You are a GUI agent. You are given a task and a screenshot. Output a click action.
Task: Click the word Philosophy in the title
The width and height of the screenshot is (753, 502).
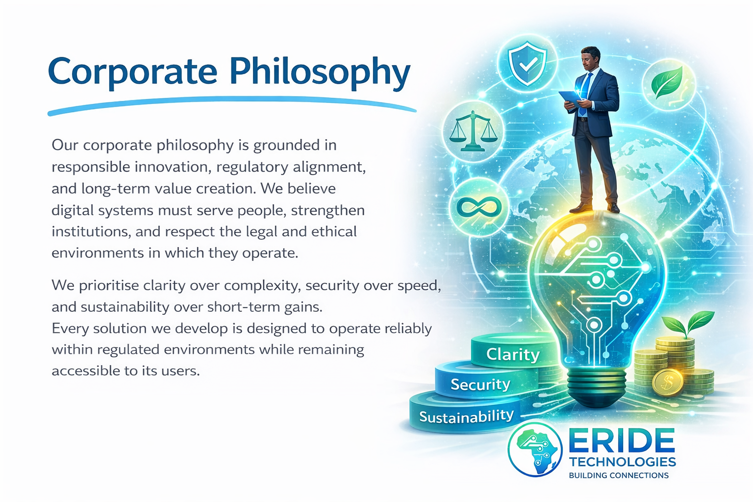tap(320, 73)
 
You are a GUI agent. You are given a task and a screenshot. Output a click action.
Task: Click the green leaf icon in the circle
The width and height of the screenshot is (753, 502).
tap(667, 83)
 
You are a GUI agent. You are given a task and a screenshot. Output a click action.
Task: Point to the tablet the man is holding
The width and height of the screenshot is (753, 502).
tap(570, 97)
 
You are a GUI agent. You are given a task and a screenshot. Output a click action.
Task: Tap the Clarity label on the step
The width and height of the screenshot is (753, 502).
tap(513, 354)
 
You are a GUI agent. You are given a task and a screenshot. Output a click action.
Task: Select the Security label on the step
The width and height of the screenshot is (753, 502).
tap(480, 384)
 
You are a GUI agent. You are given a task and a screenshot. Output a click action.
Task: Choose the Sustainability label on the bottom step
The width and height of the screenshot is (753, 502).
tap(466, 417)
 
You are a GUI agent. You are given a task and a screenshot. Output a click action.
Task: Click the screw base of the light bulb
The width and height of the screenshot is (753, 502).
tap(597, 384)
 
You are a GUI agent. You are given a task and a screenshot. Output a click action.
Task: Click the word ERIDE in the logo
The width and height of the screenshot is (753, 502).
tap(622, 441)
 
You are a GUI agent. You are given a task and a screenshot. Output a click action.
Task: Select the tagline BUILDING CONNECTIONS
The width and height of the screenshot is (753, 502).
tap(619, 476)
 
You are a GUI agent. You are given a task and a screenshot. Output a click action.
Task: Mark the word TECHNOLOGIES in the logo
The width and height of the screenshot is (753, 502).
tap(623, 462)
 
